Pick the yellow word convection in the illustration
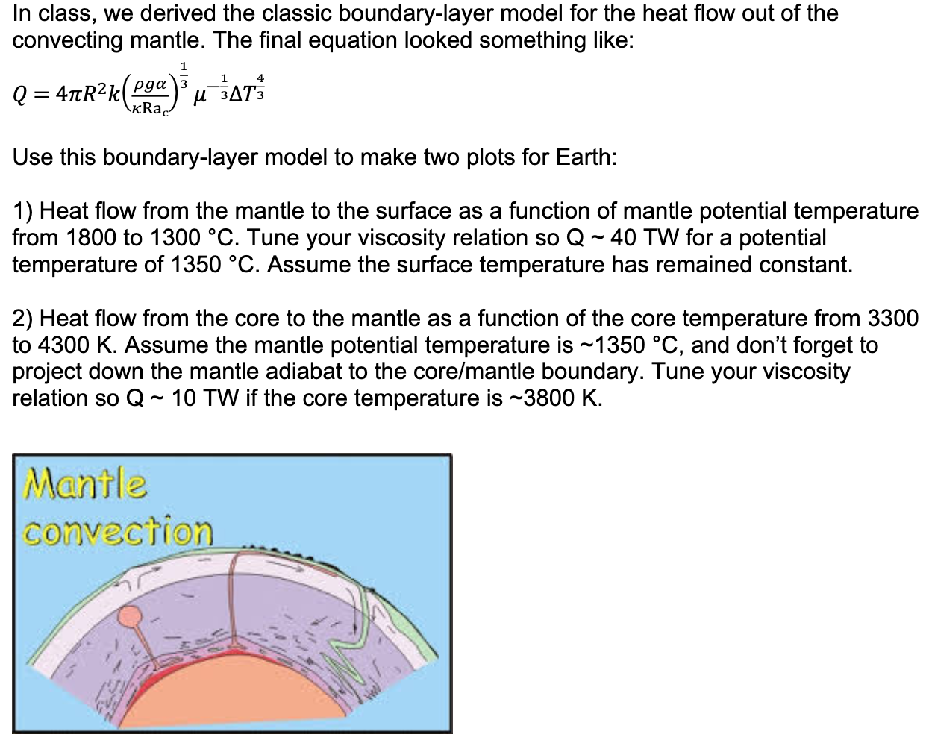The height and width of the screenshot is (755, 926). (118, 531)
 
